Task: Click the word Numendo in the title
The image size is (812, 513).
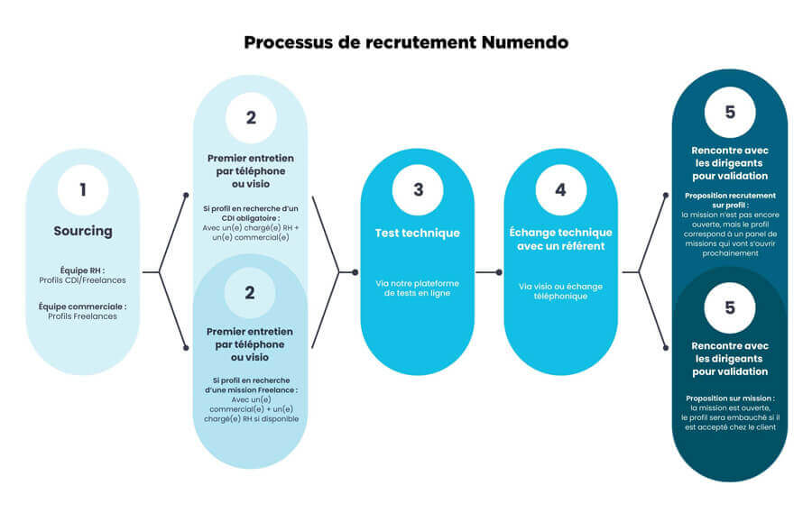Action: (524, 42)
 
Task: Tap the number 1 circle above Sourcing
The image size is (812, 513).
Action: (83, 190)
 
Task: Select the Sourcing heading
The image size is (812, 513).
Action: (83, 232)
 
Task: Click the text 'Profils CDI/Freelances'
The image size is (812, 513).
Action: (82, 280)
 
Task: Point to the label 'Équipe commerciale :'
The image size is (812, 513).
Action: (82, 307)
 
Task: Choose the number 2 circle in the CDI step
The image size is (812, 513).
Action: (251, 118)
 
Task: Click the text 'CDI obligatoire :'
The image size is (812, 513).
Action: (251, 218)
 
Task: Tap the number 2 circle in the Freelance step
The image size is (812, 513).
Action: (250, 293)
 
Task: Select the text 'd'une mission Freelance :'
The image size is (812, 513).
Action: (251, 389)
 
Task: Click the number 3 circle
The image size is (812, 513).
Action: (418, 190)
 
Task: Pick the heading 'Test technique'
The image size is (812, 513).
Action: (418, 233)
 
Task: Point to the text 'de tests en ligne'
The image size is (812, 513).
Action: (418, 293)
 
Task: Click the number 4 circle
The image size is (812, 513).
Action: (561, 190)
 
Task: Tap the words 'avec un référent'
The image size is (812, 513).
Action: (561, 246)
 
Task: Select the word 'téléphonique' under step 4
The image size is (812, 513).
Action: (561, 296)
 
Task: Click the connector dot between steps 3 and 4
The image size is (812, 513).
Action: (499, 272)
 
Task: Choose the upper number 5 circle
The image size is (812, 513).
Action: (730, 113)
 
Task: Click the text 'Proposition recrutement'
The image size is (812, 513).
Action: (730, 196)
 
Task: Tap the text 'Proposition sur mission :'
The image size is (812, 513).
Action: (730, 398)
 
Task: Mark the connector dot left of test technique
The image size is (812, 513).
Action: (355, 272)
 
